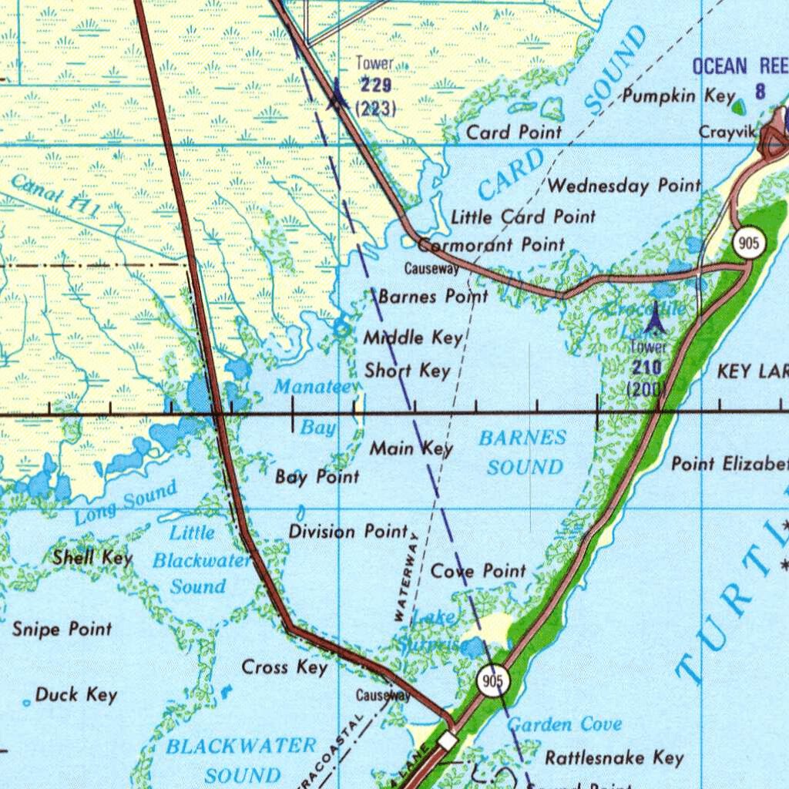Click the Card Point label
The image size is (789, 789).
pos(514,132)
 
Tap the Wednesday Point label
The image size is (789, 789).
pos(624,186)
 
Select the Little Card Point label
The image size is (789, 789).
pos(523,217)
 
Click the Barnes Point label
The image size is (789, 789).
pos(433,297)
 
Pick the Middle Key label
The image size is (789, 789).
pos(413,337)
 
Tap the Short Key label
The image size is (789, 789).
pos(407,371)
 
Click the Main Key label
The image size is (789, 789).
pos(411,448)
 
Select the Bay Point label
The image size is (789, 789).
pos(317,477)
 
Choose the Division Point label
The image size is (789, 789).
pos(348,531)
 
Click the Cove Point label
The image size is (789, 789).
pos(478,571)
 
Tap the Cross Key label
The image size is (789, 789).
pos(285,666)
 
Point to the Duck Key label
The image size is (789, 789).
pos(76,695)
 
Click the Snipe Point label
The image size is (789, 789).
pos(62,630)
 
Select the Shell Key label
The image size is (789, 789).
pos(92,557)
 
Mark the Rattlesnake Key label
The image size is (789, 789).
pos(614,757)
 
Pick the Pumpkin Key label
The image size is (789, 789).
pos(679,96)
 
